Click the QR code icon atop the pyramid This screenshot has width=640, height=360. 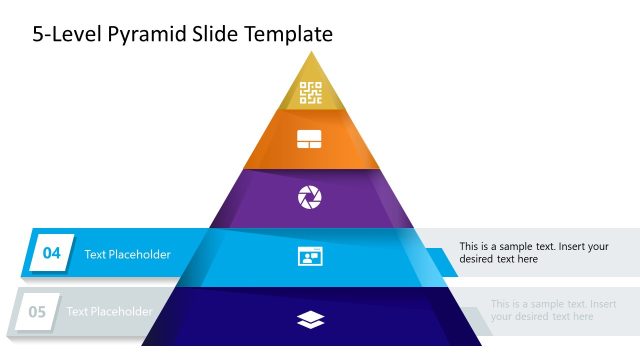click(x=311, y=93)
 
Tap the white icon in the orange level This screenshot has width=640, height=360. click(x=310, y=140)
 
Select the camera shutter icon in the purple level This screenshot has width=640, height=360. click(x=310, y=197)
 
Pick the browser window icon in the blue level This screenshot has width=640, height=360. click(x=310, y=256)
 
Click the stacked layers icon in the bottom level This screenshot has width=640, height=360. click(x=311, y=319)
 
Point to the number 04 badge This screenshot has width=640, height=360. click(x=51, y=254)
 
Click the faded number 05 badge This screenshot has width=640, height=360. click(x=37, y=312)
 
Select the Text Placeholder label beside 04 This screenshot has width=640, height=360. click(x=127, y=254)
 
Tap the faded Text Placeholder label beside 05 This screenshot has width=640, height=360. click(x=109, y=312)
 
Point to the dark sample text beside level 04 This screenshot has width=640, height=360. click(x=533, y=252)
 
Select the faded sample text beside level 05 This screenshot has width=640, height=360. click(x=553, y=310)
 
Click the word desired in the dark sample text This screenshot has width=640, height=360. click(x=478, y=259)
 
